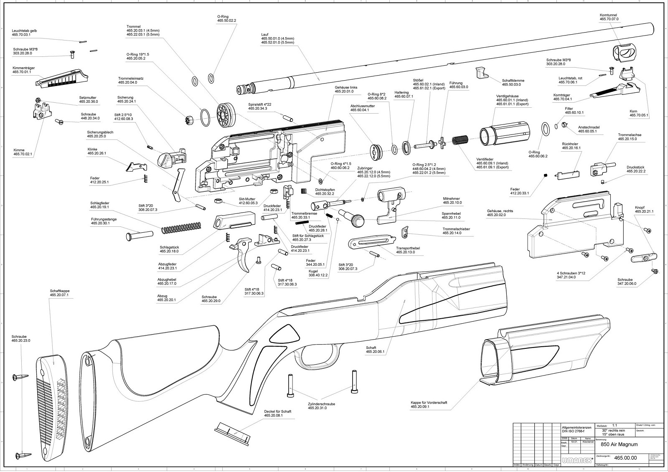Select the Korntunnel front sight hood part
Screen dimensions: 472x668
(623, 53)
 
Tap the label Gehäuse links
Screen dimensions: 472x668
(344, 89)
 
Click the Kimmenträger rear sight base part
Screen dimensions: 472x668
(63, 78)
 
